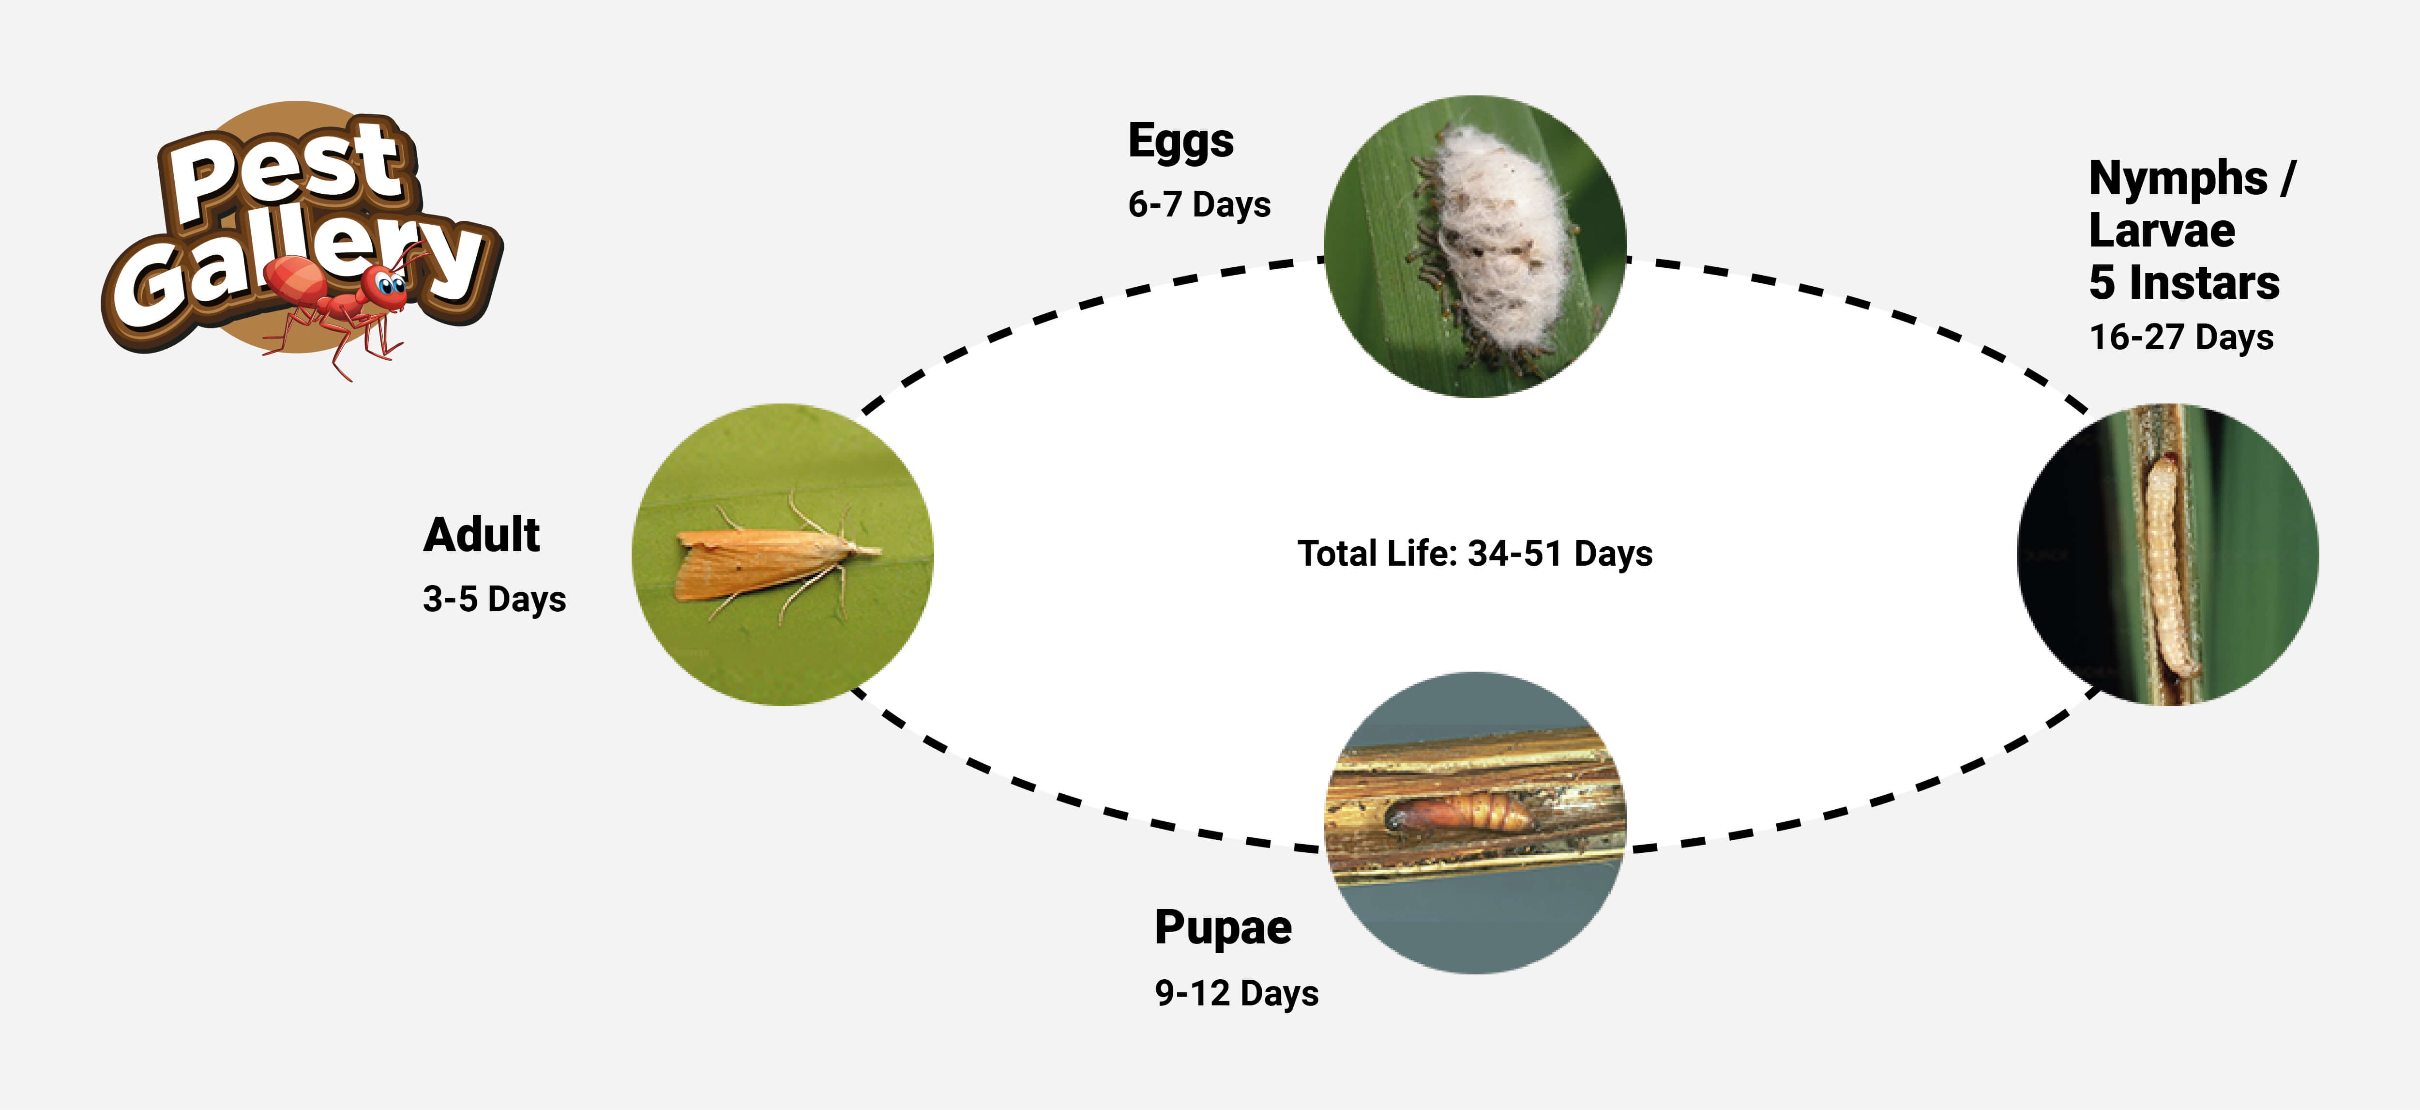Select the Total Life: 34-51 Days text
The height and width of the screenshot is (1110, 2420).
click(1475, 554)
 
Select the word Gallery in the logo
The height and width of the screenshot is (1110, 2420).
click(301, 268)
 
